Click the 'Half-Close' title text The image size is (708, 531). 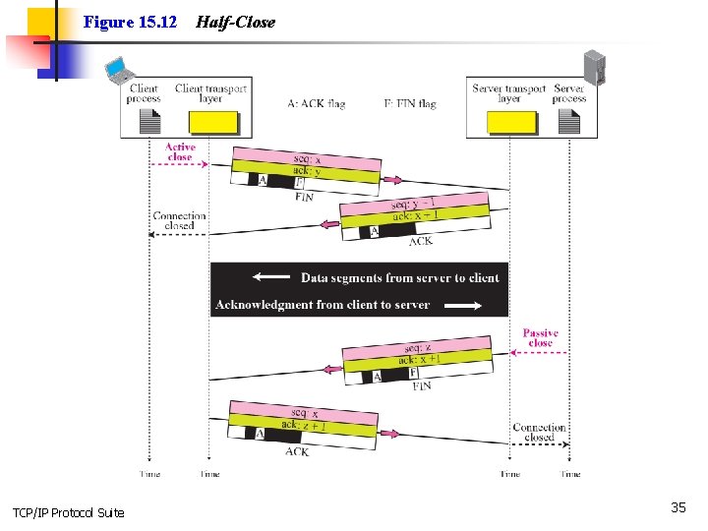click(236, 22)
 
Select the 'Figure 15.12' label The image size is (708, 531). click(130, 22)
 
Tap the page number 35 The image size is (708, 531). click(678, 507)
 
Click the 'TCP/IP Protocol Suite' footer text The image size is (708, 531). click(69, 512)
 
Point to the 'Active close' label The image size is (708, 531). click(180, 151)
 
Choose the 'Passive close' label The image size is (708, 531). click(540, 337)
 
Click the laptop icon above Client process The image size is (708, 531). click(119, 71)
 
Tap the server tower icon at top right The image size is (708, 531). click(594, 67)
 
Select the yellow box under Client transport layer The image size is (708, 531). click(213, 122)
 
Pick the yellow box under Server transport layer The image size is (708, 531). click(512, 122)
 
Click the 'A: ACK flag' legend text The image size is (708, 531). click(317, 103)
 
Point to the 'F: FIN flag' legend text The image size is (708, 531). click(410, 103)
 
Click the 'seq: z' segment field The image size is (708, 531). click(418, 347)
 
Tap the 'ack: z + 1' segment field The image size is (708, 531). click(303, 424)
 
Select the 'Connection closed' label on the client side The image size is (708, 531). click(180, 220)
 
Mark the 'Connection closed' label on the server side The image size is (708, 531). click(539, 433)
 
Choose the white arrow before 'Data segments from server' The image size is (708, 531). click(271, 277)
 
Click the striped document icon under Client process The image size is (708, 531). click(149, 122)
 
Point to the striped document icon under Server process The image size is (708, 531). click(570, 122)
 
